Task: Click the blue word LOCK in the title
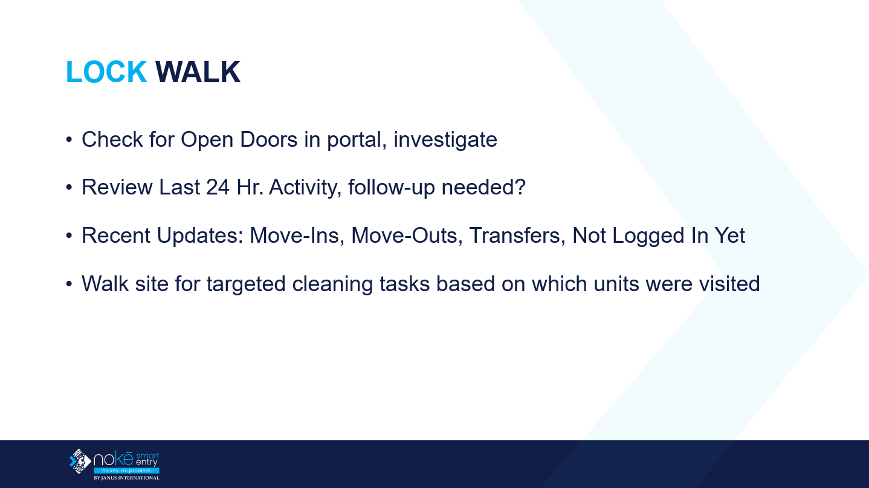pyautogui.click(x=106, y=72)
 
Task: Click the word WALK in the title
pyautogui.click(x=198, y=72)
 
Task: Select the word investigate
pyautogui.click(x=445, y=140)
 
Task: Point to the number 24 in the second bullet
pyautogui.click(x=218, y=188)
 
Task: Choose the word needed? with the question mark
pyautogui.click(x=483, y=188)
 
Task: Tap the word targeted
pyautogui.click(x=246, y=284)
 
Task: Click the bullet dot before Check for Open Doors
pyautogui.click(x=69, y=140)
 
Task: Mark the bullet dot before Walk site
pyautogui.click(x=69, y=284)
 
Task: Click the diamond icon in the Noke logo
pyautogui.click(x=80, y=461)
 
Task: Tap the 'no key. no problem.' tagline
pyautogui.click(x=126, y=470)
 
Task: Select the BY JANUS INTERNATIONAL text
pyautogui.click(x=126, y=478)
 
